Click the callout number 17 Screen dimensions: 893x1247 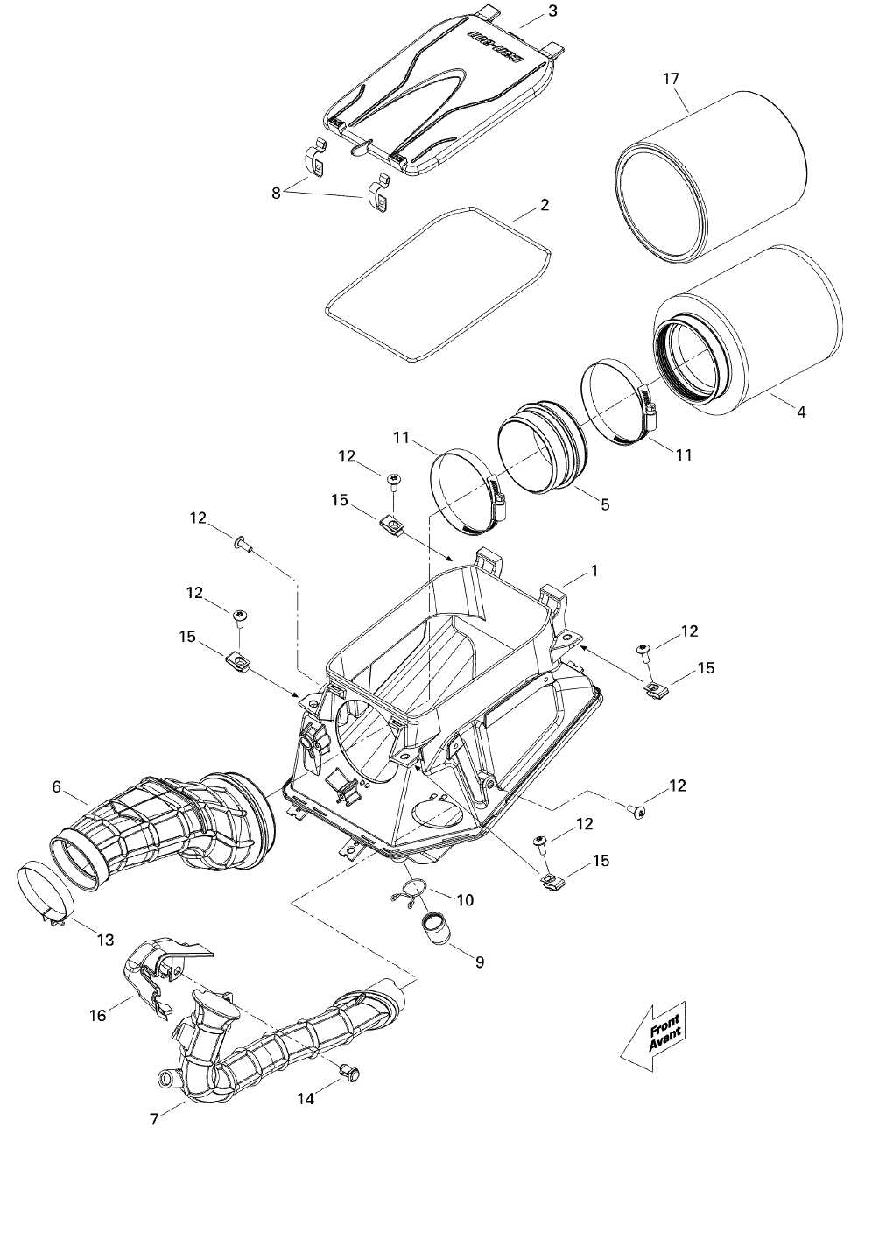(671, 79)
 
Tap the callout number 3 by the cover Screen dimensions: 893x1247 (552, 11)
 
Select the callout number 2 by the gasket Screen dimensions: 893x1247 (545, 205)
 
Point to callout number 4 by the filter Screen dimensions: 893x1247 (801, 412)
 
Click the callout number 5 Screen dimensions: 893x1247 (605, 505)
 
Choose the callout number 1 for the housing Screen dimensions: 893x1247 (594, 571)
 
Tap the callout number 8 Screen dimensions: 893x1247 (276, 194)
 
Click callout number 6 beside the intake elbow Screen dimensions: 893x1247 (56, 786)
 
